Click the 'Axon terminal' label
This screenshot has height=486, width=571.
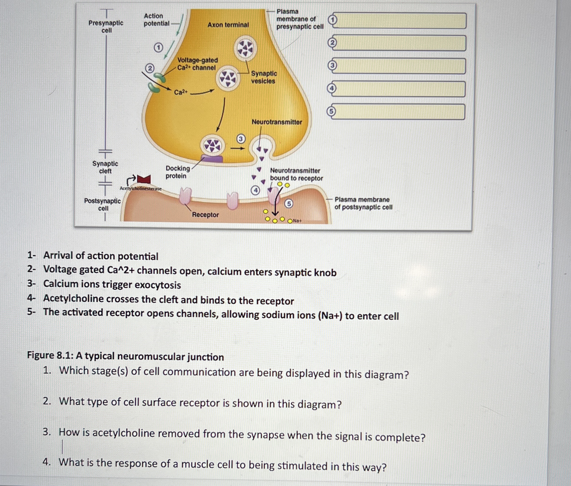click(228, 25)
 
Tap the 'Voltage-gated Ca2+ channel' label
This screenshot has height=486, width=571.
click(197, 64)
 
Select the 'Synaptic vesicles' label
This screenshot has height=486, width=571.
click(263, 77)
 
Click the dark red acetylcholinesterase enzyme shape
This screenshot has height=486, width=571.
click(144, 179)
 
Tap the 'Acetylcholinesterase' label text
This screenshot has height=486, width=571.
click(141, 189)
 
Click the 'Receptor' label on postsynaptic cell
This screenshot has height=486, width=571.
click(205, 215)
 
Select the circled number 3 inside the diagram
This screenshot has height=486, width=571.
click(241, 139)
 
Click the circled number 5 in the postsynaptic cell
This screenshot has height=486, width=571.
click(289, 204)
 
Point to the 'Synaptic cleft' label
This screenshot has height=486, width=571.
click(105, 167)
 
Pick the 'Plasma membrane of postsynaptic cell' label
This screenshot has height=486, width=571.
click(363, 203)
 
